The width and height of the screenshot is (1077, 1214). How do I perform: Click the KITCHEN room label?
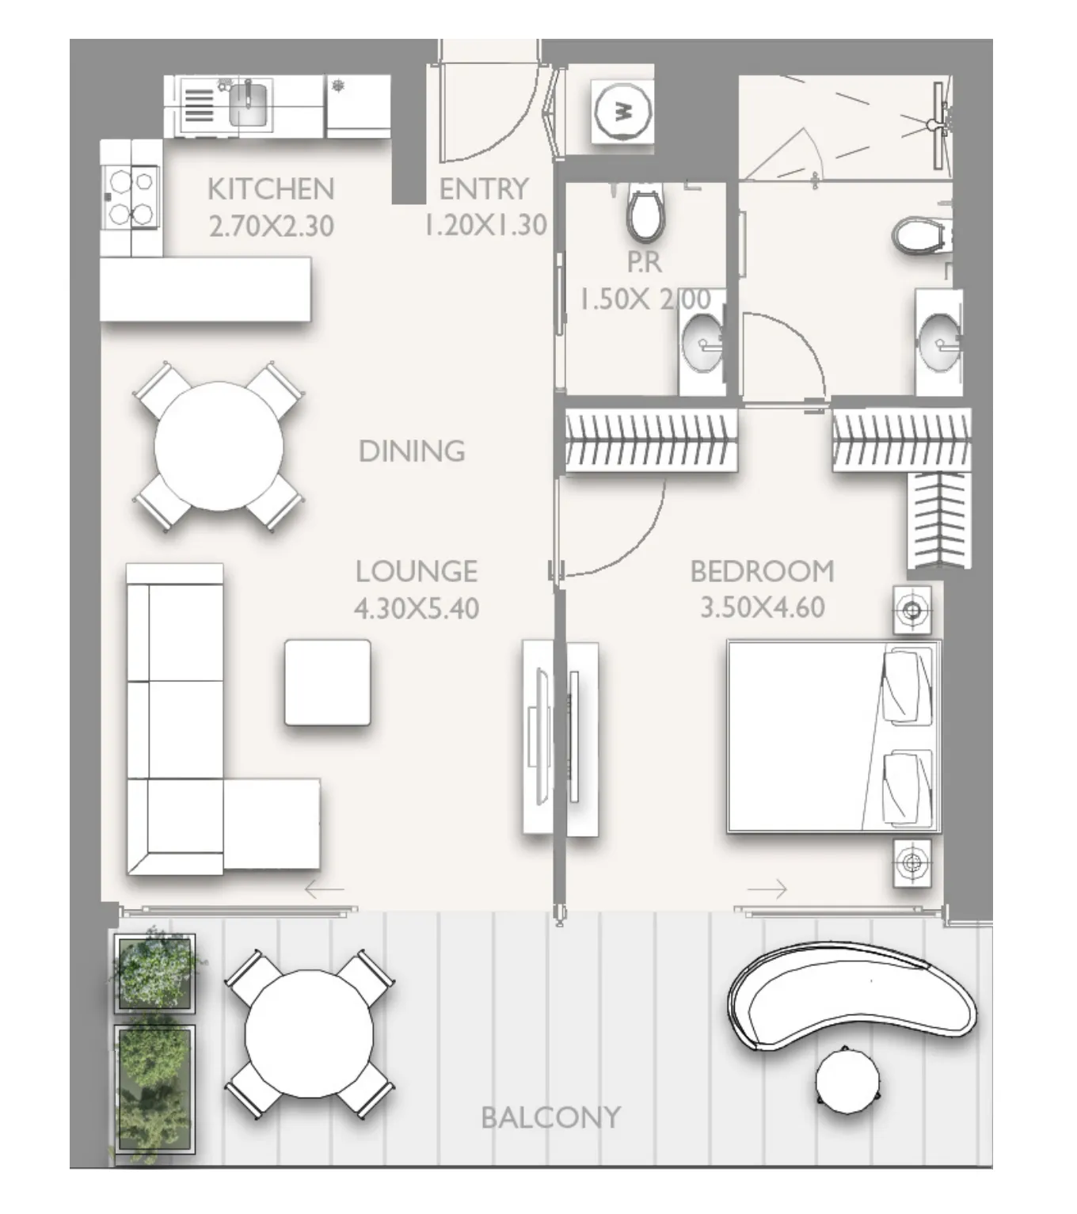[x=271, y=189]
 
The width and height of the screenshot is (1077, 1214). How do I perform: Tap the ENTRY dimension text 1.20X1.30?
[x=485, y=226]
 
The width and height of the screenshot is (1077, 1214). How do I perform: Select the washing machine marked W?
[x=622, y=112]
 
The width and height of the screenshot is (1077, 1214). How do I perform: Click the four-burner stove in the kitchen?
[x=131, y=197]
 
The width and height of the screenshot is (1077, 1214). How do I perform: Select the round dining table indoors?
[x=219, y=447]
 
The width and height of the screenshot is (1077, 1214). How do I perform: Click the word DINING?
[x=412, y=451]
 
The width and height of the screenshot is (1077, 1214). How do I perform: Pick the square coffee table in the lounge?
[x=327, y=682]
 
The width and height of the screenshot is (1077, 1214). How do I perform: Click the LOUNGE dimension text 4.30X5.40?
[x=417, y=608]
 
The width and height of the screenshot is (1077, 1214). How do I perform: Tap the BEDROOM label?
[x=762, y=571]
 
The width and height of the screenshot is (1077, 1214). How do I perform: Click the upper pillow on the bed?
[x=908, y=685]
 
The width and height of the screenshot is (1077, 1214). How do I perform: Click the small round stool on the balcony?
[x=847, y=1079]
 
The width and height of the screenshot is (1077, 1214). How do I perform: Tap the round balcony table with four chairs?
[x=309, y=1033]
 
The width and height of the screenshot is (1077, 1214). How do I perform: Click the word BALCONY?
[x=550, y=1117]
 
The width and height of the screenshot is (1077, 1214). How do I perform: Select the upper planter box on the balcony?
[x=154, y=973]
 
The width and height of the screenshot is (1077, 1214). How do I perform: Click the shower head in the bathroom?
[x=936, y=124]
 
